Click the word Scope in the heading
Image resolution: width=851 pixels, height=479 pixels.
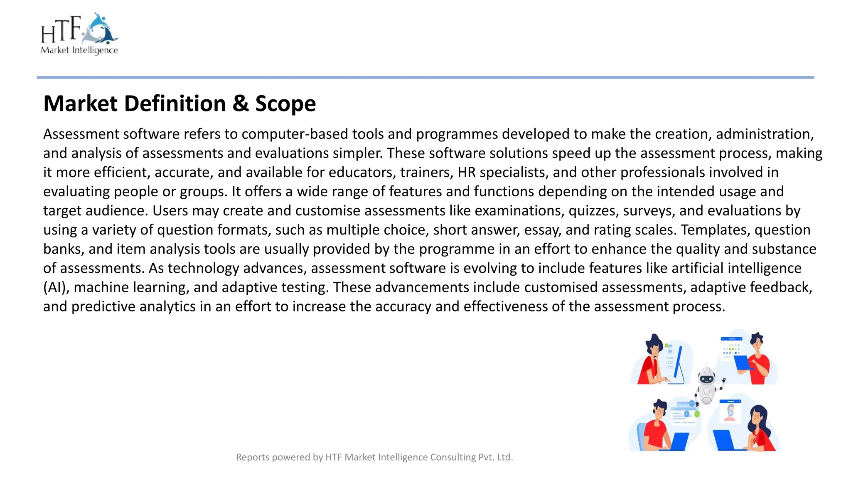(285, 104)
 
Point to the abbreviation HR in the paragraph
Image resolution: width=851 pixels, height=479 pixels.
(466, 172)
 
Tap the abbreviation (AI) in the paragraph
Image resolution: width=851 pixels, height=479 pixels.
(56, 287)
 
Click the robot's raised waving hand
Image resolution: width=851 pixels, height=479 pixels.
(723, 380)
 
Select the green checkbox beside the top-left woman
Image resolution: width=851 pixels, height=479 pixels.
(667, 346)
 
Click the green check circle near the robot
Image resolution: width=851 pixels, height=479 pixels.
(697, 414)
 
